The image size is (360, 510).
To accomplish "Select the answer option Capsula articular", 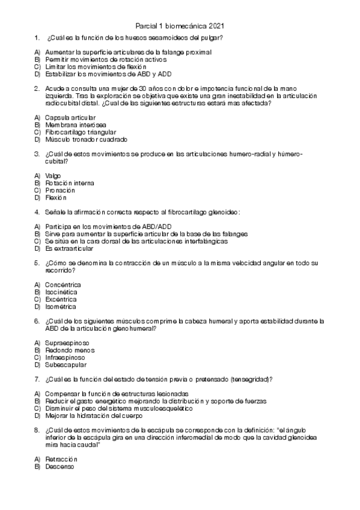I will (x=70, y=117).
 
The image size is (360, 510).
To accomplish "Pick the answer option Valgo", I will (x=53, y=176).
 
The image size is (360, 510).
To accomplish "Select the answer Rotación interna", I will (x=69, y=183).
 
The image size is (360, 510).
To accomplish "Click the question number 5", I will (x=37, y=263).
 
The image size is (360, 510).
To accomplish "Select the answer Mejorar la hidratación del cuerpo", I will (x=94, y=416).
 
